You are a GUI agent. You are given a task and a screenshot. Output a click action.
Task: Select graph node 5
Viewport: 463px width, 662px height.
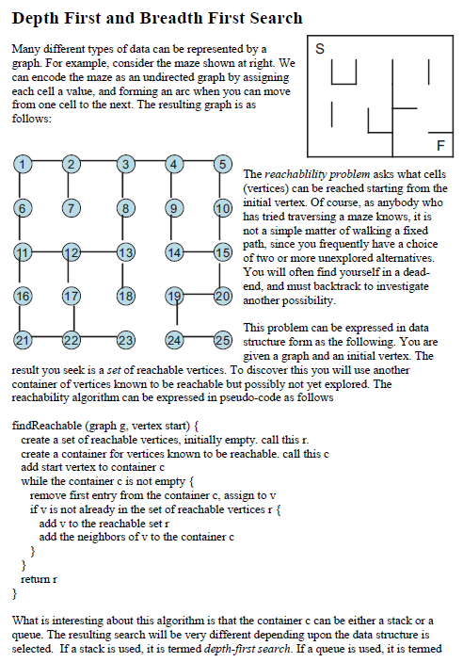tap(222, 164)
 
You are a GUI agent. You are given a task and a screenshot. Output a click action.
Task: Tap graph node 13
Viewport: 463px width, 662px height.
tap(123, 251)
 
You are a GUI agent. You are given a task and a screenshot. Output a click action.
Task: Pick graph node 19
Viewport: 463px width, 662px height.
tap(173, 297)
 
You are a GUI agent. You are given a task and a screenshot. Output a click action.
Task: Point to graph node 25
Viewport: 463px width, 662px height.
tap(222, 340)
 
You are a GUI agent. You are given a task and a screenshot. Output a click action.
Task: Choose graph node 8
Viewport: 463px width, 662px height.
tap(123, 207)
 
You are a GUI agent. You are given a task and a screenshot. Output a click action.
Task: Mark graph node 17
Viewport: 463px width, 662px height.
tap(71, 297)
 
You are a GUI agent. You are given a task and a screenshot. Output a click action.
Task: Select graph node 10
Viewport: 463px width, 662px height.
tap(222, 207)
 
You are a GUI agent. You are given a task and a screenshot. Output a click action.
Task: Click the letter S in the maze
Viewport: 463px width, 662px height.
tap(319, 48)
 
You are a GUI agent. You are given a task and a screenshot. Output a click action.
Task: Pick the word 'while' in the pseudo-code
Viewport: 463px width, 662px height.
tap(34, 481)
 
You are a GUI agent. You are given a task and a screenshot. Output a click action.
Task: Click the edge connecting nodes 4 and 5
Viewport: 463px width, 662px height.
tap(198, 164)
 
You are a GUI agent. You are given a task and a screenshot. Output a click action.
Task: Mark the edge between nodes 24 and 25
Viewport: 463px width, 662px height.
tap(198, 340)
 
